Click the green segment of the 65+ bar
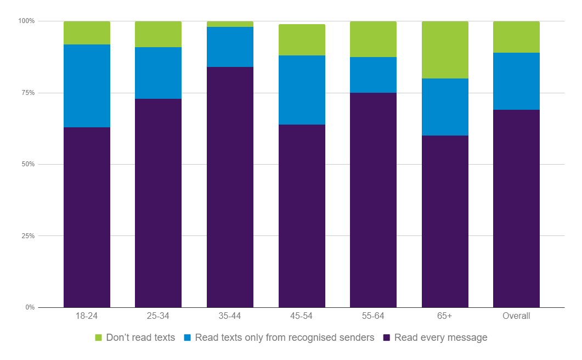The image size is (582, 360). [445, 50]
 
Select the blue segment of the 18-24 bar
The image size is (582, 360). [87, 86]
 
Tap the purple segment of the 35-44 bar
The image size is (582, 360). [230, 187]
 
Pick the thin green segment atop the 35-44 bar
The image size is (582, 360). [230, 24]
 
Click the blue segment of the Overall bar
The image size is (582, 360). [516, 81]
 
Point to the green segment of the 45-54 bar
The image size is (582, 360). [302, 40]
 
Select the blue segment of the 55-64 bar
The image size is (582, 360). [373, 75]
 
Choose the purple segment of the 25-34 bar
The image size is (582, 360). [158, 203]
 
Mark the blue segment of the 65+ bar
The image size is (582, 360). [445, 107]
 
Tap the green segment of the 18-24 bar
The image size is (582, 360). [87, 33]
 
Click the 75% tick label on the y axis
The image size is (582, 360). [27, 93]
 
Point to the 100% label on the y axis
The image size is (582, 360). [26, 21]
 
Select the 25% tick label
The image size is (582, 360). [27, 236]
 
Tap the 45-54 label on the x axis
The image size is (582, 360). [302, 316]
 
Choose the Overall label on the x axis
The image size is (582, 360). [516, 316]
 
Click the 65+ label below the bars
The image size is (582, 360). [445, 316]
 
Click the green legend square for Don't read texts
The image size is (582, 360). [99, 337]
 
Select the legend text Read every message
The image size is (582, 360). [440, 337]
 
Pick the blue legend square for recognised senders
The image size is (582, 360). [187, 337]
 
